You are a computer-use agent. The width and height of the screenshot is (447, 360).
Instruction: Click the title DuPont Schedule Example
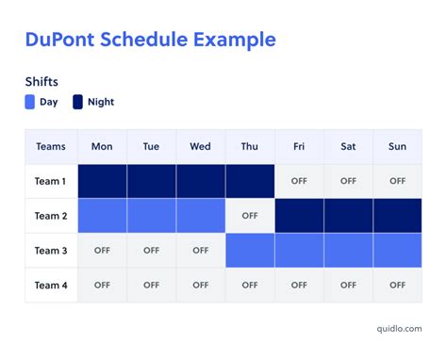pyautogui.click(x=150, y=40)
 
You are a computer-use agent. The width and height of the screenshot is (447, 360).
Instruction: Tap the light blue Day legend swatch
pyautogui.click(x=31, y=102)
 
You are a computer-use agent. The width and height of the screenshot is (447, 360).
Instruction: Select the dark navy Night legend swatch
pyautogui.click(x=78, y=102)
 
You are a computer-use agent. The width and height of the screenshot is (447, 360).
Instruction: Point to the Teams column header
pyautogui.click(x=51, y=146)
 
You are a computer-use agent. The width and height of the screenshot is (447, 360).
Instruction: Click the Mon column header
pyautogui.click(x=102, y=146)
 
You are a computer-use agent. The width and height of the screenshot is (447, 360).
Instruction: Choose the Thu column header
pyautogui.click(x=250, y=146)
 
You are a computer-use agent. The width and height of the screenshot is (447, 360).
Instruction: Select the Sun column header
pyautogui.click(x=397, y=146)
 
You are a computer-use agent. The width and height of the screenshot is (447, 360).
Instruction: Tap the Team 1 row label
pyautogui.click(x=51, y=181)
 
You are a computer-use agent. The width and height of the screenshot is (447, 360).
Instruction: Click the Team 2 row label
pyautogui.click(x=51, y=216)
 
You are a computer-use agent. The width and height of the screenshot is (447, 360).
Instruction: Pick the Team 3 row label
pyautogui.click(x=51, y=251)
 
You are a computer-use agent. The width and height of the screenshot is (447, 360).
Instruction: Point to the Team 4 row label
pyautogui.click(x=51, y=285)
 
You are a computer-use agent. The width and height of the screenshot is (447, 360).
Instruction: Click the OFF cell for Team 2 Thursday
pyautogui.click(x=250, y=216)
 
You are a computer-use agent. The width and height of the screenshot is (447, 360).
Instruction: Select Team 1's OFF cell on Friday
pyautogui.click(x=299, y=181)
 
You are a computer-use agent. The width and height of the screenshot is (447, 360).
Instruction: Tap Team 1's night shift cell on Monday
pyautogui.click(x=102, y=181)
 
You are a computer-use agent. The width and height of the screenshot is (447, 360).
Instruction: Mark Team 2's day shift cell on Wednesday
pyautogui.click(x=200, y=216)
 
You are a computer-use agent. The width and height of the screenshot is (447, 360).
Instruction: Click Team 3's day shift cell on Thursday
pyautogui.click(x=250, y=251)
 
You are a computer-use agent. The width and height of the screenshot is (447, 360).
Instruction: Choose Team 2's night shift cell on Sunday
pyautogui.click(x=397, y=216)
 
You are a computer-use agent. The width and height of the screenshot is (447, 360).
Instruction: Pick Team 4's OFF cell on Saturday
pyautogui.click(x=348, y=285)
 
